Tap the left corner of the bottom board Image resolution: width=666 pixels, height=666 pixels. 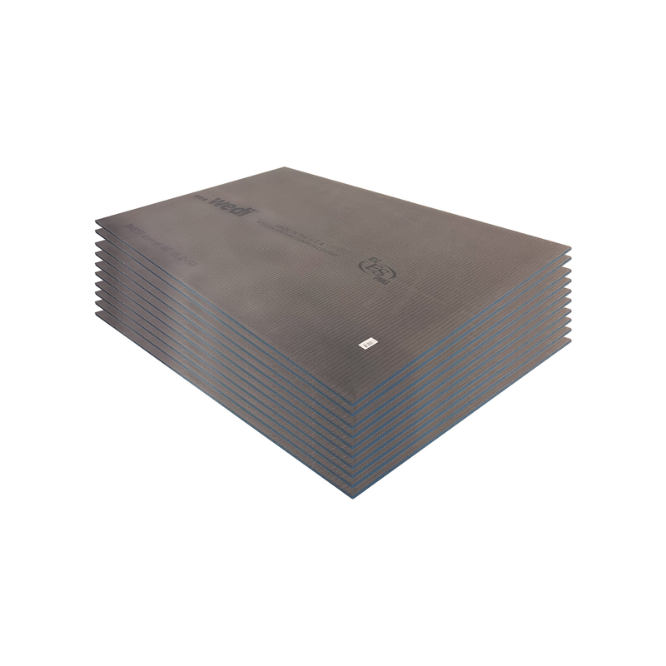click(x=96, y=314)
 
